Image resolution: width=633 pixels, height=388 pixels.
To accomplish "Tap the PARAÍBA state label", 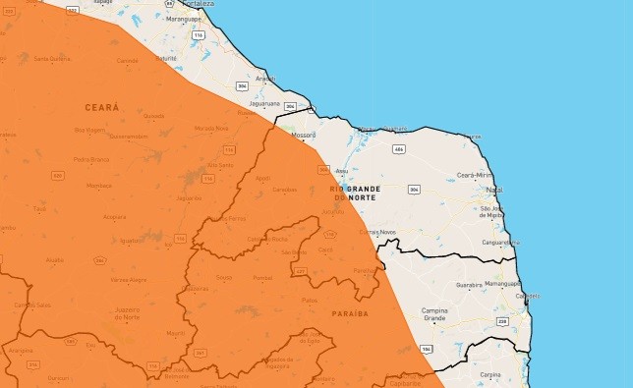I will pos(350,313).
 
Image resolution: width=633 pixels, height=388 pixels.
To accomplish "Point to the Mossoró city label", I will pos(303,135).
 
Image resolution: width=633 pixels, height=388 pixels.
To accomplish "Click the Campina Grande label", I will pos(434,314).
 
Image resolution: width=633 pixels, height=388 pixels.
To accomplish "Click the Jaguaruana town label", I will pos(266,102).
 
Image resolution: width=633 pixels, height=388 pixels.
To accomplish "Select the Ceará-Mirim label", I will pos(473,174).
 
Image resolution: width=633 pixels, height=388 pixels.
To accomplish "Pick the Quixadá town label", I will pos(153,115).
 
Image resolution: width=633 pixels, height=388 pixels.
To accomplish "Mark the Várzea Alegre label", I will pos(128,280).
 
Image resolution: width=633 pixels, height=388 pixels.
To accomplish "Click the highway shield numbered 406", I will pos(398,148).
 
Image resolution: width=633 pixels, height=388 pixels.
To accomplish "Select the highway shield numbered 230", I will pos(501,321).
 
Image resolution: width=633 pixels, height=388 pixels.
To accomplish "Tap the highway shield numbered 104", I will pos(426,349).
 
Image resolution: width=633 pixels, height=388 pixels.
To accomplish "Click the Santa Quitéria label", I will pos(50,59).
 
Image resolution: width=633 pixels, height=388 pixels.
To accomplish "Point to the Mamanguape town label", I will pos(502,283).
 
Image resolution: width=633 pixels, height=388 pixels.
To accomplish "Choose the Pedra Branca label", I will pos(90,158).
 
